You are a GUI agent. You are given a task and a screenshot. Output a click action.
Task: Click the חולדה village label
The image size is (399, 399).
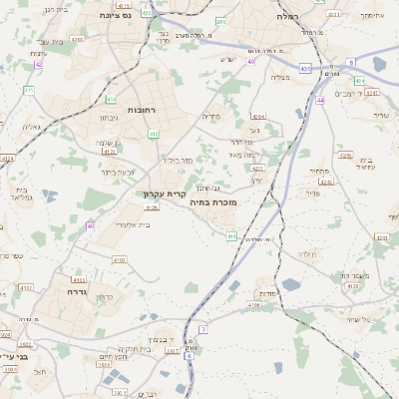(307, 254)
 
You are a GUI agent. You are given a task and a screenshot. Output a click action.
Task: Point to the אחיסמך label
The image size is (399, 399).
(371, 16)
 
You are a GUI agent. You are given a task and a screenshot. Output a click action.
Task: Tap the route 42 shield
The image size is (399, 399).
(38, 64)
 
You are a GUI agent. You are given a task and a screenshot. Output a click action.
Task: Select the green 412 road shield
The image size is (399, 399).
(153, 133)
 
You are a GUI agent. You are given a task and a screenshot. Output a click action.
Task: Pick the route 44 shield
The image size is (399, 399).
(320, 101)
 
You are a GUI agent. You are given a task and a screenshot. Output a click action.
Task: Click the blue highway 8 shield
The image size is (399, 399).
(351, 63)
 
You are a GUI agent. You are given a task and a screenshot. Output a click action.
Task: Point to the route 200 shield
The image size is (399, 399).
(220, 21)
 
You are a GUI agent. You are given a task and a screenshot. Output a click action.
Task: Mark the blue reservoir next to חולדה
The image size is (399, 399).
(290, 284)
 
